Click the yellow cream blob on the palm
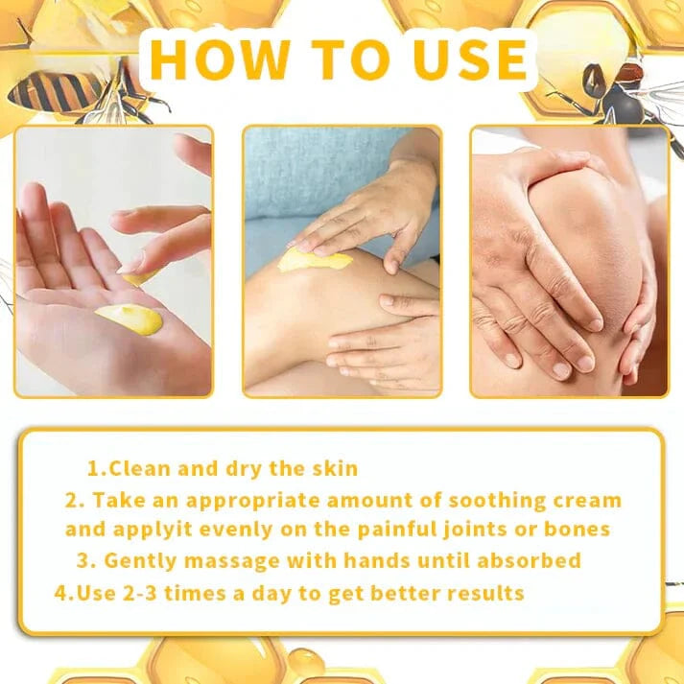129,318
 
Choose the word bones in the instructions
579,530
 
